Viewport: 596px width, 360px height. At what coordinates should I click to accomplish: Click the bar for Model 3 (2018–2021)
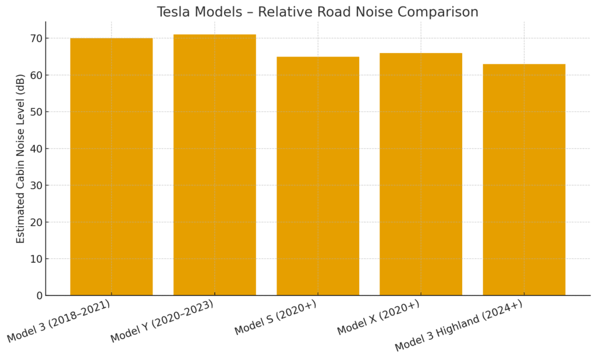tap(111, 167)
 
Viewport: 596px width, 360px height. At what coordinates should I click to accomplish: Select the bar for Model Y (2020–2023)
tap(214, 165)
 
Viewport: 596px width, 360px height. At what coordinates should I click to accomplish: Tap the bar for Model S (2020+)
tap(317, 176)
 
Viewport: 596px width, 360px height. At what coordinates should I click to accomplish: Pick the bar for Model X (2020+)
tap(420, 174)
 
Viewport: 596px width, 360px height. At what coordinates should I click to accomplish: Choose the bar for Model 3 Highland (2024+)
tap(523, 180)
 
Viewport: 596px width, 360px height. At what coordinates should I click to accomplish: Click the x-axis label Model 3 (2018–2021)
tap(59, 321)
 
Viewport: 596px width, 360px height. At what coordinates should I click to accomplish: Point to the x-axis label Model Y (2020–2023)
tap(162, 321)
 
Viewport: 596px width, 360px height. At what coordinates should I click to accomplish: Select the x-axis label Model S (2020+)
tap(276, 318)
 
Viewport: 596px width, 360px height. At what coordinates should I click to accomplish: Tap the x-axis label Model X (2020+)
tap(378, 318)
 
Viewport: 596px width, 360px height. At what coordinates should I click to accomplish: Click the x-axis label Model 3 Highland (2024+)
tap(459, 326)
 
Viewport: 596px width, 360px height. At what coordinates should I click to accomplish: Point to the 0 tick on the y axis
tap(39, 295)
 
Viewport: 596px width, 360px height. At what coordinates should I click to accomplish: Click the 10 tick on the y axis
tap(36, 259)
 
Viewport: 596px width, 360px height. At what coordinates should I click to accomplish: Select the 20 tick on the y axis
tap(36, 222)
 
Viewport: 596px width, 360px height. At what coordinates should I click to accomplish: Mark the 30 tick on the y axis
tap(36, 186)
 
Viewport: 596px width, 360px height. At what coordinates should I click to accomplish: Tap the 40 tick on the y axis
tap(36, 149)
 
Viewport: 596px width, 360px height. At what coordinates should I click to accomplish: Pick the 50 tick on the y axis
tap(36, 112)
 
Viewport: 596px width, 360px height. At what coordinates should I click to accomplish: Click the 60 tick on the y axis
tap(36, 75)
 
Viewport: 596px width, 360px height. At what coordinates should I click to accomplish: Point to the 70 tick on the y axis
tap(36, 38)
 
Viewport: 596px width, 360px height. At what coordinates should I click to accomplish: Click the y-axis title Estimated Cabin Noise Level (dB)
tap(21, 158)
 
